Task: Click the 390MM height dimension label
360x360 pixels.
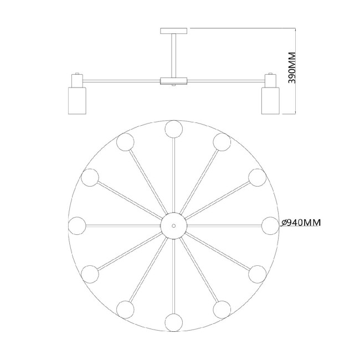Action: click(292, 68)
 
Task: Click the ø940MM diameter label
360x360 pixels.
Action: click(301, 223)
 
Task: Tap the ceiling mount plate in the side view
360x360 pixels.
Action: click(174, 31)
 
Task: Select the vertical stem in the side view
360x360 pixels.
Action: click(174, 55)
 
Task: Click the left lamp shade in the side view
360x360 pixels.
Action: click(77, 100)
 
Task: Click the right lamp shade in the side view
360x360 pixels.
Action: click(270, 100)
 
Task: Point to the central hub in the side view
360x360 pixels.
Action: click(174, 81)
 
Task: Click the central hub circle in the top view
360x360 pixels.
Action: click(174, 225)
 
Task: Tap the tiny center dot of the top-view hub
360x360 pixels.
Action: click(174, 225)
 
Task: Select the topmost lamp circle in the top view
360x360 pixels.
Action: click(174, 129)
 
